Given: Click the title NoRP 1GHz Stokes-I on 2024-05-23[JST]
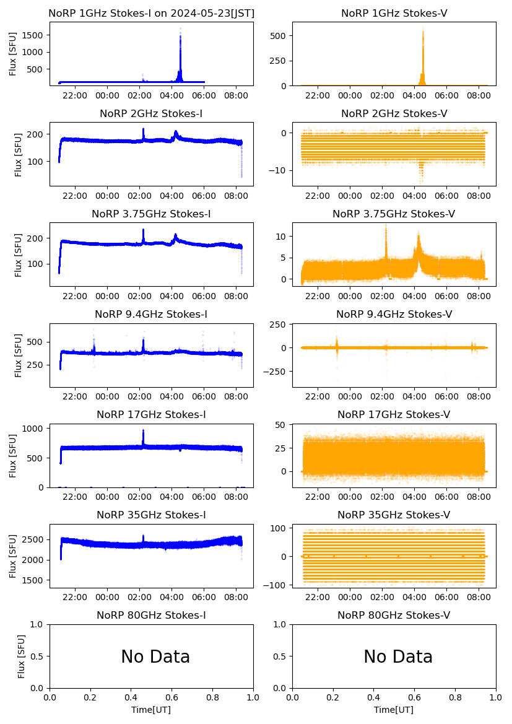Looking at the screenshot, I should pos(152,13).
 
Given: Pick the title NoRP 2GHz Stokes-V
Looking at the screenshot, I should pos(394,113).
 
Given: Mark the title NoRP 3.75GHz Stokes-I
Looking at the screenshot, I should pos(152,214).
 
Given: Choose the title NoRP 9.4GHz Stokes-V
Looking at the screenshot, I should pos(394,314).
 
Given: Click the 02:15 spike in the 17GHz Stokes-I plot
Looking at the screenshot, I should pos(143,434).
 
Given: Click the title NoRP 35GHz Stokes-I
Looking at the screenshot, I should pos(152,515).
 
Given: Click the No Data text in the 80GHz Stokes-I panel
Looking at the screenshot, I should pos(155,656).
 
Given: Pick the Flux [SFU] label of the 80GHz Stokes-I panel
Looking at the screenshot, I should pos(22,656).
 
